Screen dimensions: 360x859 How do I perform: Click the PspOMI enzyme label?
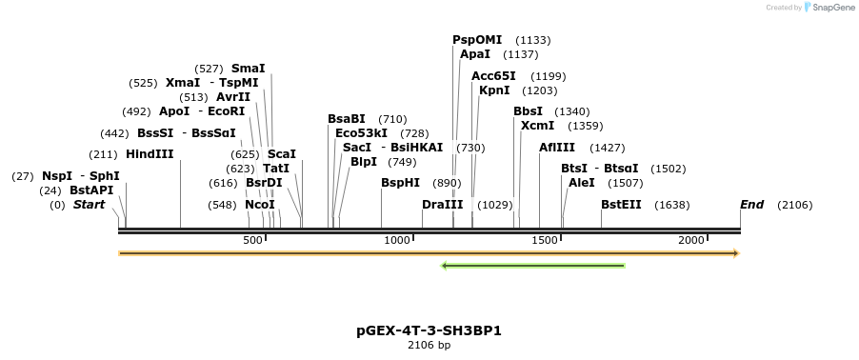pos(476,40)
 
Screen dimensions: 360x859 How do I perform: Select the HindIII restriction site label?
pos(150,154)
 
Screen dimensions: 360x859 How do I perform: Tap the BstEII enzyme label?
pos(621,205)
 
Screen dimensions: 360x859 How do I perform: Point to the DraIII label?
pos(442,205)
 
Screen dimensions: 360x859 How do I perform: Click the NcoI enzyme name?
pos(259,205)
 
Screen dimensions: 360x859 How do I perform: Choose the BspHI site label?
pos(400,183)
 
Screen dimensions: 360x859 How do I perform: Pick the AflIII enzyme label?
pos(557,148)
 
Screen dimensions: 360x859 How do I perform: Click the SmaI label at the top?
pos(248,69)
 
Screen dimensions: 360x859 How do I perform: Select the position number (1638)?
pos(672,205)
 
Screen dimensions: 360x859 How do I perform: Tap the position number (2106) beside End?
pos(794,205)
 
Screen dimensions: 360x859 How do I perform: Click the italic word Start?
pos(89,205)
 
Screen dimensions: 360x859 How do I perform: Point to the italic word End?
pos(752,205)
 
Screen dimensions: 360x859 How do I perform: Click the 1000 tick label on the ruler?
pos(397,241)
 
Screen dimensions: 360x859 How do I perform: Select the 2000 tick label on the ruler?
pos(692,241)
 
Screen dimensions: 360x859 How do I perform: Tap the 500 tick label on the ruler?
pos(252,241)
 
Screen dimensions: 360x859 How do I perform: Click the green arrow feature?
pos(532,266)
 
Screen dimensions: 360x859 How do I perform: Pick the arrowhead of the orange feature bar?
pos(735,253)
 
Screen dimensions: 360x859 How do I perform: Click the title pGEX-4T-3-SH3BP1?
pos(429,331)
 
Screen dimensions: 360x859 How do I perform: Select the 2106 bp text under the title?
pos(429,346)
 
